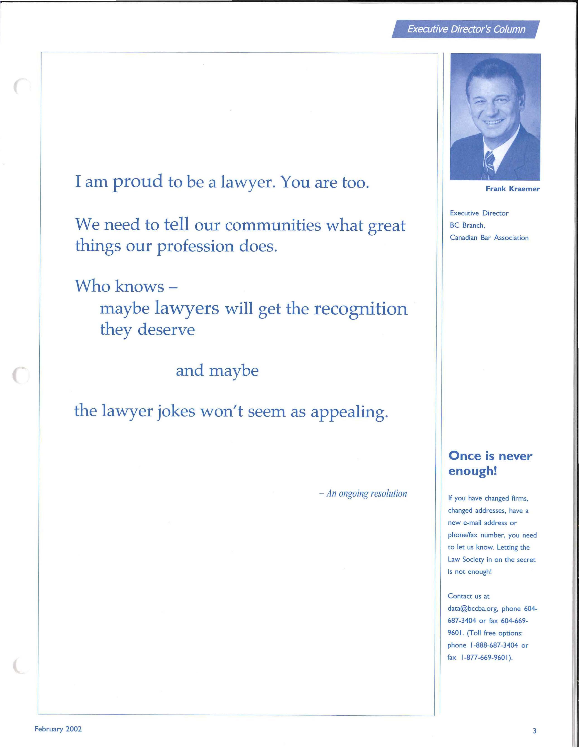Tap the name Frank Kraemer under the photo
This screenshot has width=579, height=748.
coord(512,189)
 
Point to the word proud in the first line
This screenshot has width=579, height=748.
coord(138,182)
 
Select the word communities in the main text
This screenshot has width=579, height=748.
coord(273,225)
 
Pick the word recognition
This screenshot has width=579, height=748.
coord(361,308)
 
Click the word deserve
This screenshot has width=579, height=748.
coord(166,330)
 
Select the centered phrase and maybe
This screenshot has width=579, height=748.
coord(217,370)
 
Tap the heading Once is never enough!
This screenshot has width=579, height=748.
coord(490,463)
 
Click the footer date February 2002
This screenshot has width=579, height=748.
coord(58,729)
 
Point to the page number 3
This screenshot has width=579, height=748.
coord(534,731)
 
